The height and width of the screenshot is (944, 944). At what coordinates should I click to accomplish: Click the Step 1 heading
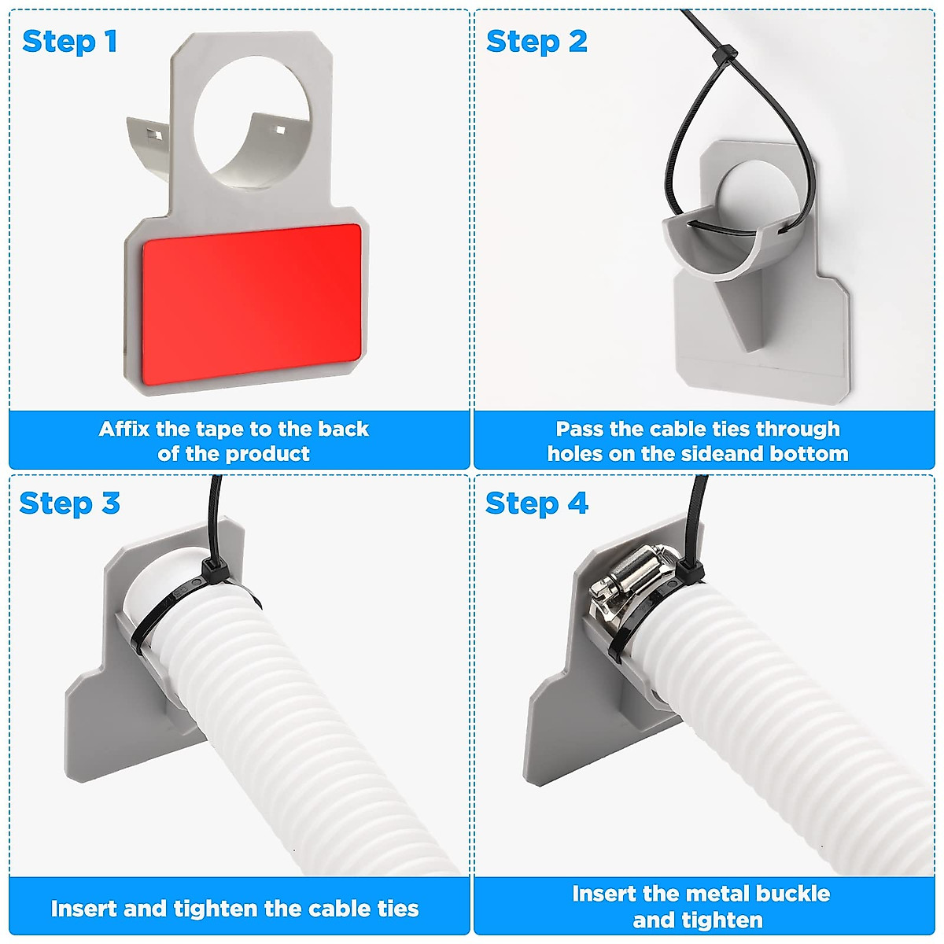pos(70,42)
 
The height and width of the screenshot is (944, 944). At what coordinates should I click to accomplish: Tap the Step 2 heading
pos(537,42)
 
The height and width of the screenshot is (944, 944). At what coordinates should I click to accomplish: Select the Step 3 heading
pos(69,503)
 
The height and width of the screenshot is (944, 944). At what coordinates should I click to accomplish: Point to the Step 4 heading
pos(537,503)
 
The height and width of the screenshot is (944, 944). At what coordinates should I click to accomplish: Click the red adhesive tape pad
pos(251,304)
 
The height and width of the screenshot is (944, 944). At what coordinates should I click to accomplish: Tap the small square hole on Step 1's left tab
pos(156,135)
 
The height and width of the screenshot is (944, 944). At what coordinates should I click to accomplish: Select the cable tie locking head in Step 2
pos(725,56)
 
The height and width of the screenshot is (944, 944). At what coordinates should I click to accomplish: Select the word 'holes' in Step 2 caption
pos(574,454)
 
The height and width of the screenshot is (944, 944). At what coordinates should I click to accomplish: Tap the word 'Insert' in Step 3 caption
pos(84,909)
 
